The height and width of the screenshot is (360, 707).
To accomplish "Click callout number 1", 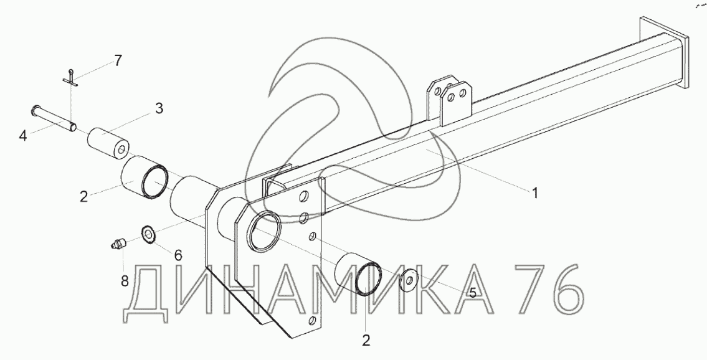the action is click(x=534, y=193).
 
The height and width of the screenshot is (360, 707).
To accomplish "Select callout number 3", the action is click(x=159, y=108).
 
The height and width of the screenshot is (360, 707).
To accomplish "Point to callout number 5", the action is click(x=472, y=292).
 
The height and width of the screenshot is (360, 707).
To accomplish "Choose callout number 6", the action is click(x=178, y=255).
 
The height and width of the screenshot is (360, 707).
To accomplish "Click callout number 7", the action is click(x=118, y=60).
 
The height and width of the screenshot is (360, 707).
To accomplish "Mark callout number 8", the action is click(x=125, y=281).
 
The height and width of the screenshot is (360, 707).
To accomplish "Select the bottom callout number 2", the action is click(x=366, y=340).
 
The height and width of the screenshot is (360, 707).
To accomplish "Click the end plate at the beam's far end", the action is click(x=666, y=53).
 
